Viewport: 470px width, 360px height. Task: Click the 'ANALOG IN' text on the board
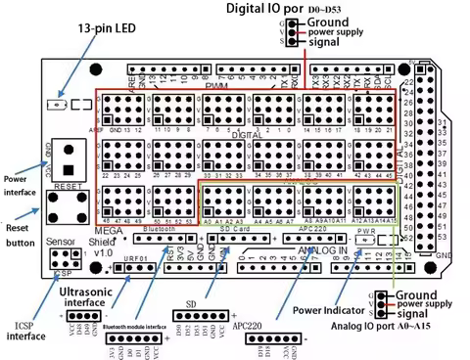coord(314,251)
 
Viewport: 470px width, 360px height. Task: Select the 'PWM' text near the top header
coord(215,86)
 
